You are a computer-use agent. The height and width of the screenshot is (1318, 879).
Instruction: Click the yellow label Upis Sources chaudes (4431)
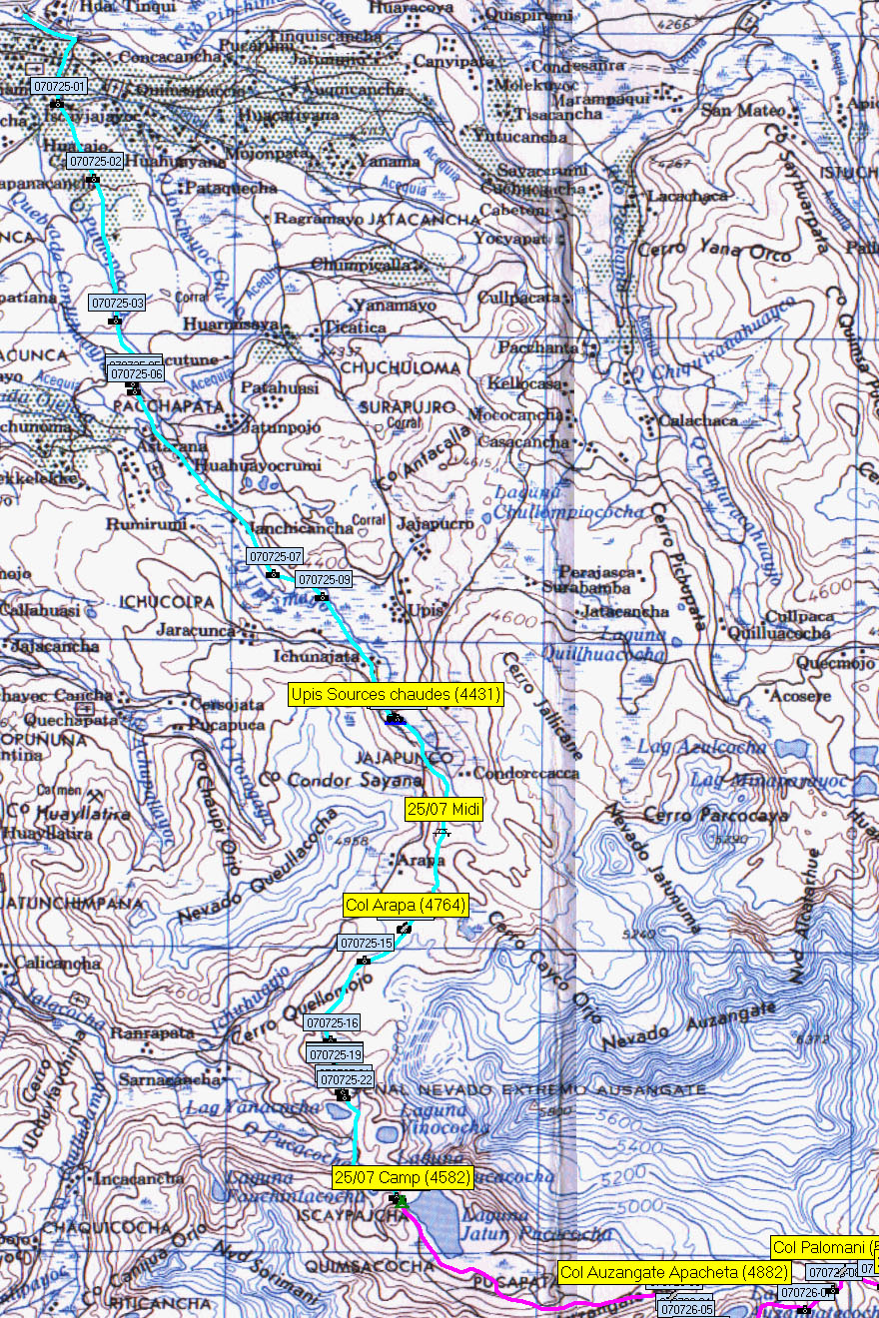(x=396, y=694)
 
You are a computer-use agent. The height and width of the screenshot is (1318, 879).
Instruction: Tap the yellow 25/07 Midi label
(x=443, y=809)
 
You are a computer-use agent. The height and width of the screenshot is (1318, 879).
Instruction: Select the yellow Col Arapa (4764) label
(x=405, y=906)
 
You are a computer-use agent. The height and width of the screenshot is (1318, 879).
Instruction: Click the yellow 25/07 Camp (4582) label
(x=403, y=1177)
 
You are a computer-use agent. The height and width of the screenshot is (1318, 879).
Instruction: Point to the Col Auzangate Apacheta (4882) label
(x=674, y=1272)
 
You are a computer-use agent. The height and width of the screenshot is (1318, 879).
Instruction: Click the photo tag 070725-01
(x=60, y=87)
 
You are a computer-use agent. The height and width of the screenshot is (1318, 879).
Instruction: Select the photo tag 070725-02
(x=95, y=161)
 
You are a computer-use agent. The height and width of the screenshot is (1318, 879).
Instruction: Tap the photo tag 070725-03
(x=118, y=303)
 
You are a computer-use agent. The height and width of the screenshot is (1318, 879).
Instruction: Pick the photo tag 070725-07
(x=275, y=556)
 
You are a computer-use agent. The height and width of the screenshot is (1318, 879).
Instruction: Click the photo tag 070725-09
(x=325, y=579)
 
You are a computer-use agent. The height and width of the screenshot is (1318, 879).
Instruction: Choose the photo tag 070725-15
(x=366, y=943)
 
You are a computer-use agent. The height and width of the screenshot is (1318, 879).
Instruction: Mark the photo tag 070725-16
(x=332, y=1022)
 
